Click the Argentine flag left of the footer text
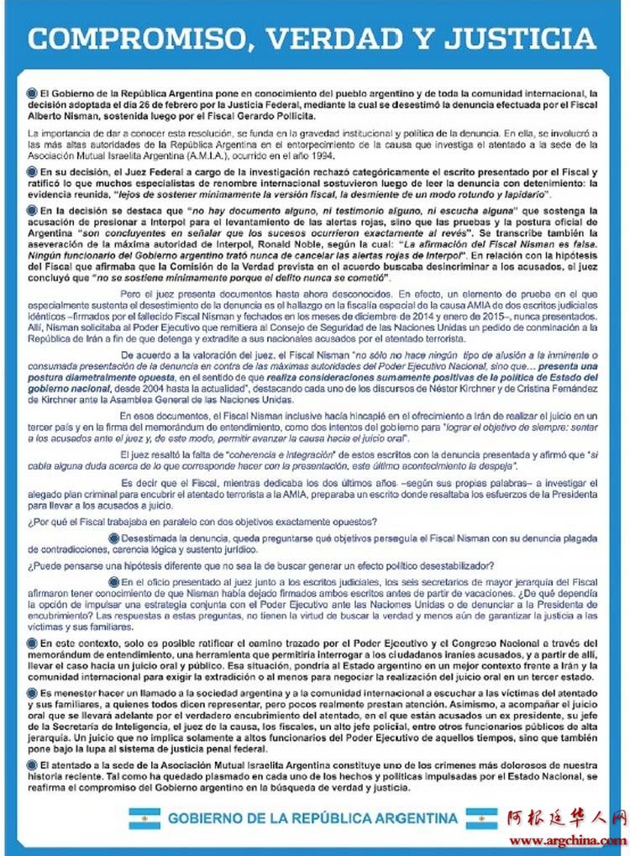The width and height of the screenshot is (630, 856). click(x=144, y=817)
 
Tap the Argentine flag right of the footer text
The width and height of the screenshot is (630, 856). click(x=481, y=817)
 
